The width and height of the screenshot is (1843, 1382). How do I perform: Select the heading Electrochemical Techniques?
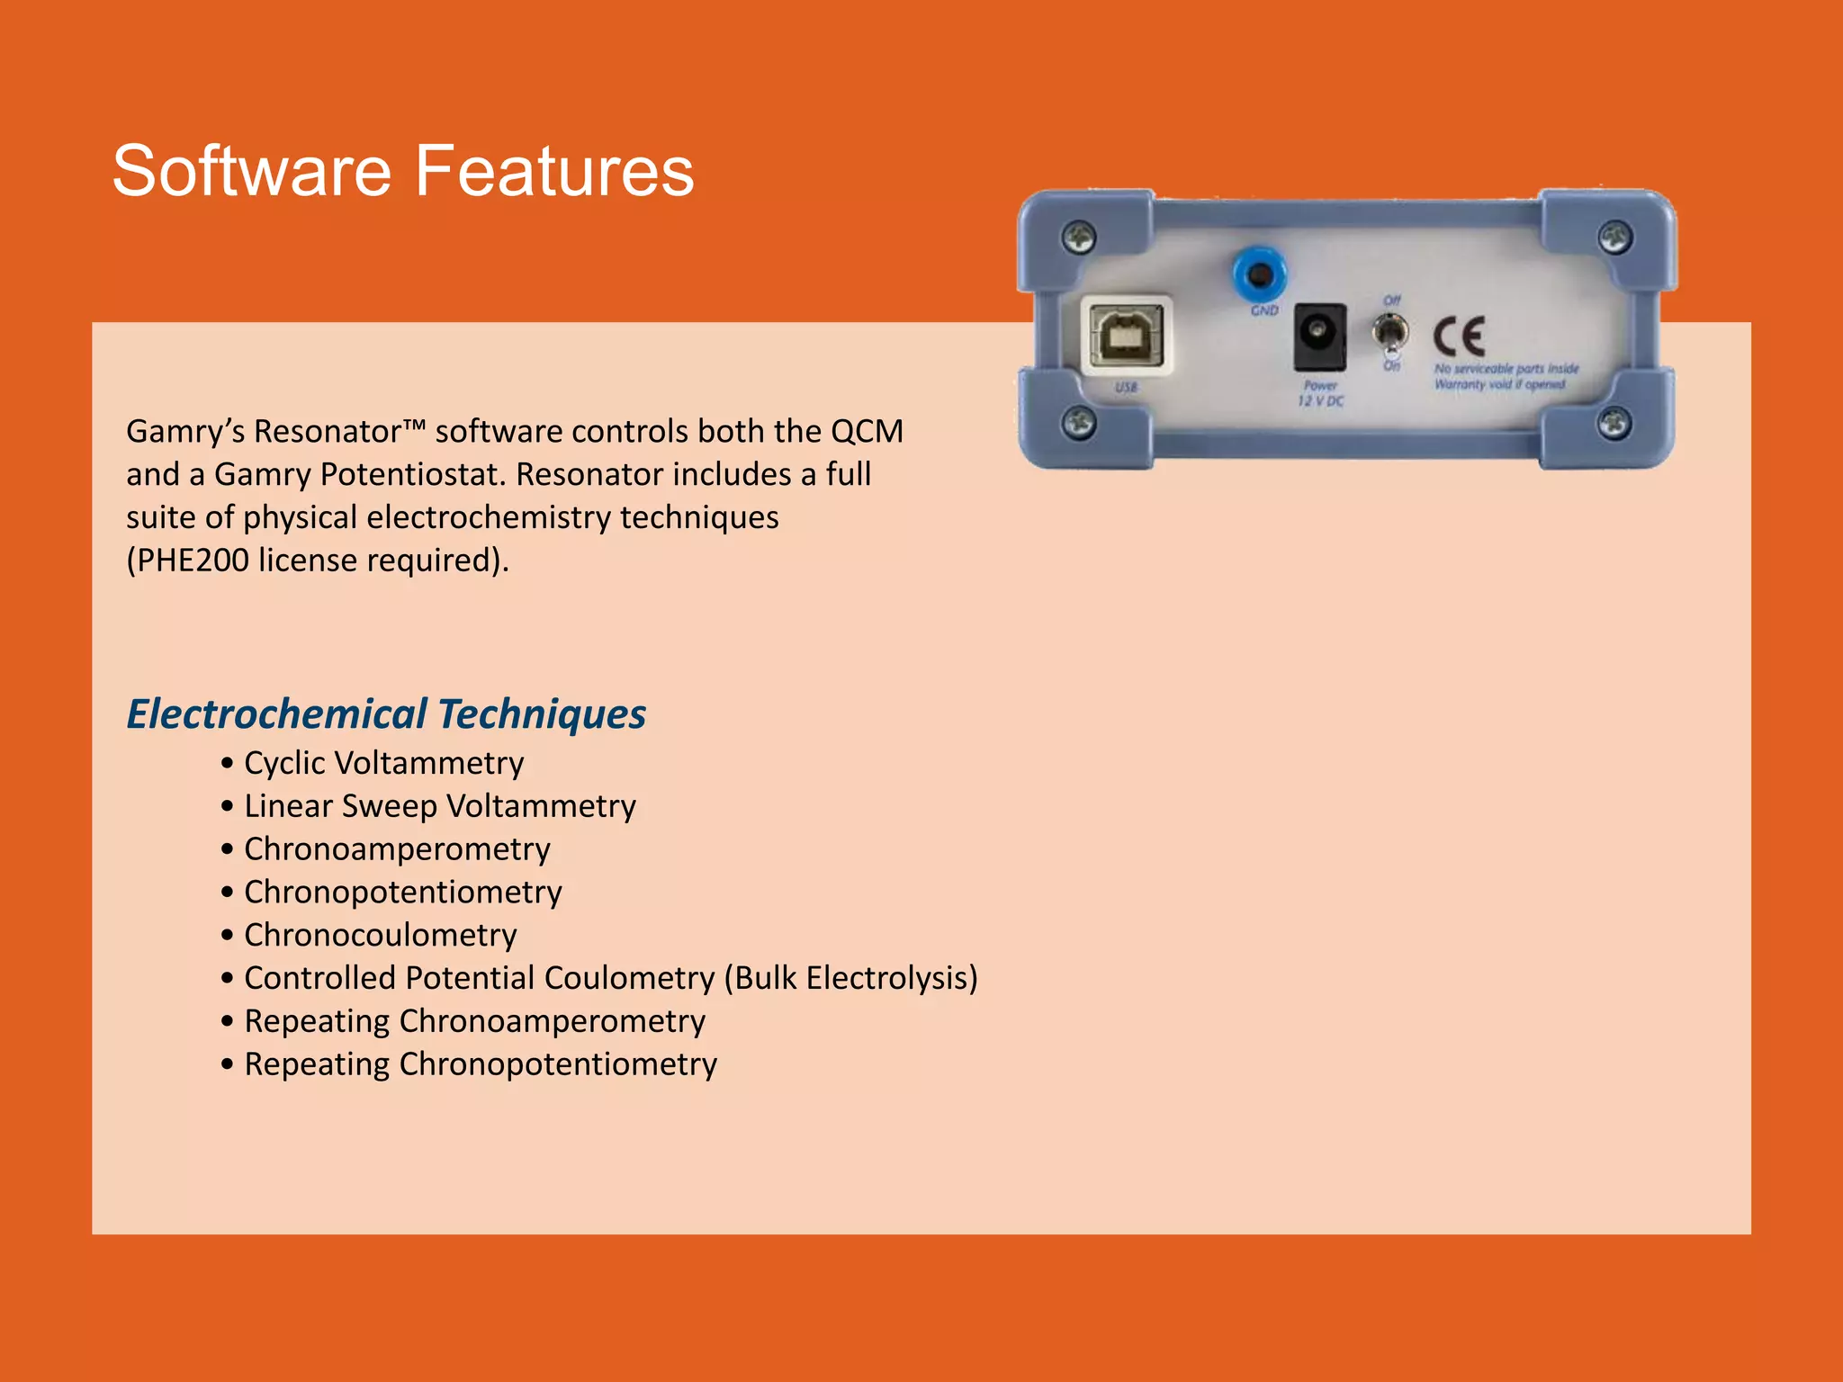pos(386,713)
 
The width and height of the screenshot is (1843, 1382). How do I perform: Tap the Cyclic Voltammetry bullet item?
pos(383,763)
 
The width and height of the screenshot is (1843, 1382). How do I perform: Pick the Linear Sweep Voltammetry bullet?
pos(440,806)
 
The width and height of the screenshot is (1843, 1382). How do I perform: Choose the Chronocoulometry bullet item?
pos(381,935)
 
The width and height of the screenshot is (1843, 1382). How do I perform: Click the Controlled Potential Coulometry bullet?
pos(610,978)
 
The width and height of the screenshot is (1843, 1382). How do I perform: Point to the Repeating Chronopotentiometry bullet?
pos(481,1064)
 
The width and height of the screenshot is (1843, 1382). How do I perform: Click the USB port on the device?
pos(1127,337)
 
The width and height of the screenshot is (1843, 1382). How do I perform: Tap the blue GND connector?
pos(1259,274)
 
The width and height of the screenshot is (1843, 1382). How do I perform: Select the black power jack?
pos(1319,337)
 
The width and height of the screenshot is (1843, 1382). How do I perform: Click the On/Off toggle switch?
pos(1390,334)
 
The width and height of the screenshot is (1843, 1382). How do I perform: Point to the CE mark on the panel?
pos(1459,337)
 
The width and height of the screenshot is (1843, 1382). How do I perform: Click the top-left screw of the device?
pos(1078,237)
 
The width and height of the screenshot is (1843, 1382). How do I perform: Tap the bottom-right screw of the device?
pos(1614,422)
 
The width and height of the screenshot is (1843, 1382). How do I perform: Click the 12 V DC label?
pos(1320,401)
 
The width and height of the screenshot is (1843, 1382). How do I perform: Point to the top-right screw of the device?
pos(1615,237)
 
